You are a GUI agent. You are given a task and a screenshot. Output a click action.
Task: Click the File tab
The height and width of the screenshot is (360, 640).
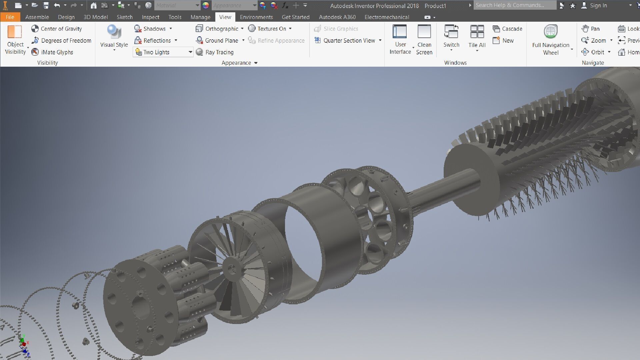coord(10,17)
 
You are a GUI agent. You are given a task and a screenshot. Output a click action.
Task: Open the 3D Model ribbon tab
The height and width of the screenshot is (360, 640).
coord(95,17)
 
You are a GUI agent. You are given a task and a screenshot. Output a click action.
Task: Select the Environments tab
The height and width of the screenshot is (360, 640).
coord(256,17)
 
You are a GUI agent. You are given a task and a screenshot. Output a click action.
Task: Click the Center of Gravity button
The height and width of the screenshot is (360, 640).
coord(57,29)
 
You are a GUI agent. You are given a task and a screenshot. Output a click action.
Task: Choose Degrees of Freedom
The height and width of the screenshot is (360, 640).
coord(61,40)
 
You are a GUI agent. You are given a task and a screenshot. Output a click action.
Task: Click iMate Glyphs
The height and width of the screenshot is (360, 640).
coord(52,52)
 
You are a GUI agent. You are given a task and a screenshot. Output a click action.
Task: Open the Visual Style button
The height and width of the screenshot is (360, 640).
coord(114,37)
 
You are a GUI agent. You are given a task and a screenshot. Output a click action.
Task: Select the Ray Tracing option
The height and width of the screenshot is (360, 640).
coord(215,52)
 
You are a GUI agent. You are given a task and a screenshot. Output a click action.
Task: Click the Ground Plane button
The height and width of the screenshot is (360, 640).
coord(217,40)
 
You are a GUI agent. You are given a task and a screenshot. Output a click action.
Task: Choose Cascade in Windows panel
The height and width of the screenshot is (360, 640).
coord(508,29)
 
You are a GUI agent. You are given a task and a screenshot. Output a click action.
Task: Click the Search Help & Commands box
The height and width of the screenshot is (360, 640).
coord(514,5)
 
